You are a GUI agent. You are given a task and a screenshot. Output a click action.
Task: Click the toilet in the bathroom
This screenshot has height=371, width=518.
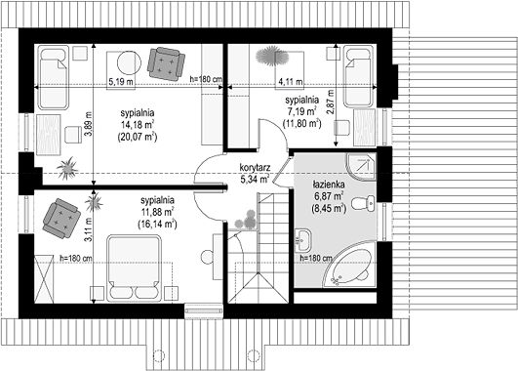[363, 203]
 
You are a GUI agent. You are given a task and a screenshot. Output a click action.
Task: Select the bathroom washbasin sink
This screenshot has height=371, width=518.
[303, 239]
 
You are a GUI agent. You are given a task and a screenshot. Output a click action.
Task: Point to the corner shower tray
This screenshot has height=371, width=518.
[361, 167]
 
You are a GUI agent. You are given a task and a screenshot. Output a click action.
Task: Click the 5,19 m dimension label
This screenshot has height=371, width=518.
[122, 81]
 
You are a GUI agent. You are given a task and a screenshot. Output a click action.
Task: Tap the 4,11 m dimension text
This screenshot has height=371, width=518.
[291, 81]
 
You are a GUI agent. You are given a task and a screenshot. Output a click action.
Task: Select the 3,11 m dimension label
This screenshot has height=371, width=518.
[88, 229]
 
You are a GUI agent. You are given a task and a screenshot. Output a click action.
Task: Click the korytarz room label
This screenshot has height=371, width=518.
[254, 167]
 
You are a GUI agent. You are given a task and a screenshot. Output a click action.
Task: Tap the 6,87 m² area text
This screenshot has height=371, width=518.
[328, 196]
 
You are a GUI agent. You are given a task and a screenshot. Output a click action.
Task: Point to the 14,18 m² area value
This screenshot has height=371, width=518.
[138, 125]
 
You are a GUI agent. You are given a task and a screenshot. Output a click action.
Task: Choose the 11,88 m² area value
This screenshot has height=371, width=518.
[157, 212]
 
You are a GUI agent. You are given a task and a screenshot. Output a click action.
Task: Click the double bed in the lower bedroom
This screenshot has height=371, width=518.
[134, 268]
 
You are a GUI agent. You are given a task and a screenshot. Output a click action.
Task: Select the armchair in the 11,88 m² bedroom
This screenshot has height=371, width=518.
[61, 219]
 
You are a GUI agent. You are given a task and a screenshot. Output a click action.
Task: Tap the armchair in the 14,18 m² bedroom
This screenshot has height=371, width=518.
[166, 63]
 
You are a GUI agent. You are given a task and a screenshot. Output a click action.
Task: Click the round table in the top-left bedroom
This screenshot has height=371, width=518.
[130, 63]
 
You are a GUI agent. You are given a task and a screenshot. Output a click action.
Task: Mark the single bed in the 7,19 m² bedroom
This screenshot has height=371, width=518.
[359, 76]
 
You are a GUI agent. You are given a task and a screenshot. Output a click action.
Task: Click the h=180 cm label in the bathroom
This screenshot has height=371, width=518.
[316, 259]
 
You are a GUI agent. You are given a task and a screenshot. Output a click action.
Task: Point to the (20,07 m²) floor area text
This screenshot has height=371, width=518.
[138, 137]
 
